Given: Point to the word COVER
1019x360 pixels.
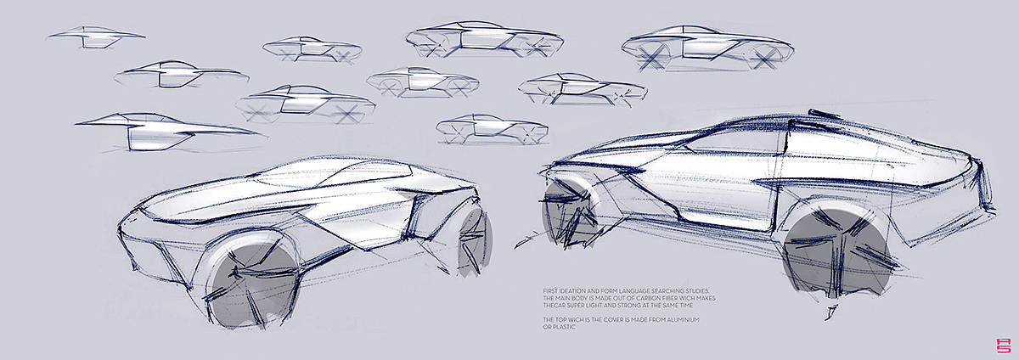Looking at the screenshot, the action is (x=616, y=320).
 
